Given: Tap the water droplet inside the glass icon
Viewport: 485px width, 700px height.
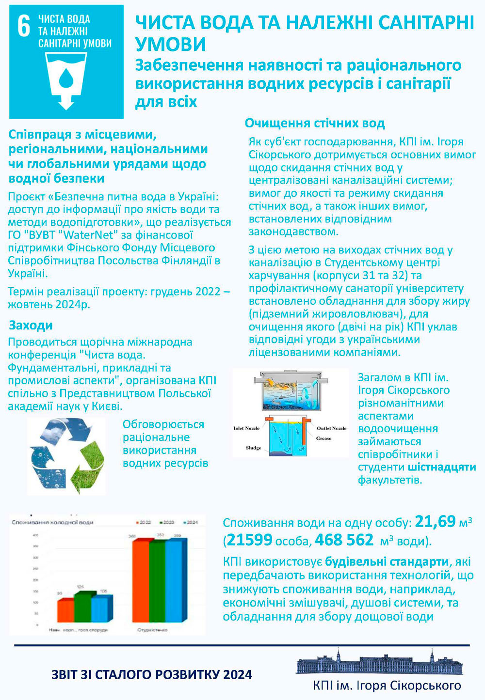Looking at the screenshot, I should [66, 78].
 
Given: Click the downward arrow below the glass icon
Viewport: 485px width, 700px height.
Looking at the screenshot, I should [66, 102].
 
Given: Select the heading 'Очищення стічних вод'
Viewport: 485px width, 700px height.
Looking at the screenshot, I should [314, 123].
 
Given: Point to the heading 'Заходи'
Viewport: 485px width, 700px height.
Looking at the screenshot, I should [31, 325].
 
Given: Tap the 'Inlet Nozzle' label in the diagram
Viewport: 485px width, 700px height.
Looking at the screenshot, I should [246, 428].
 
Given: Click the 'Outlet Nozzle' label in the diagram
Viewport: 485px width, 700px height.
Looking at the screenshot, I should [332, 428].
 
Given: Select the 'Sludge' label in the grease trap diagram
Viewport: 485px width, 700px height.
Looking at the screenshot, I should [254, 448].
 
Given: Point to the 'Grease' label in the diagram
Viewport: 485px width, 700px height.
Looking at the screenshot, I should [323, 438].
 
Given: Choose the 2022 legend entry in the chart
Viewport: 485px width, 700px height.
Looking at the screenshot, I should [143, 522].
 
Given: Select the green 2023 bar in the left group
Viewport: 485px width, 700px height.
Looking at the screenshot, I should [82, 608].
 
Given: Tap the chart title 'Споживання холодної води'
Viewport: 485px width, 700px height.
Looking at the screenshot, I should [52, 522].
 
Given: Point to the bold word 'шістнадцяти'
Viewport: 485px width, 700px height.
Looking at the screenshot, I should [441, 467].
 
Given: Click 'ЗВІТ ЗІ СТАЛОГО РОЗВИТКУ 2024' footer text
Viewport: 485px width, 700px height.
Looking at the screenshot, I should [151, 674].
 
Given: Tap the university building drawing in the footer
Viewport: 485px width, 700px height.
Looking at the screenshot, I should [380, 661].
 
